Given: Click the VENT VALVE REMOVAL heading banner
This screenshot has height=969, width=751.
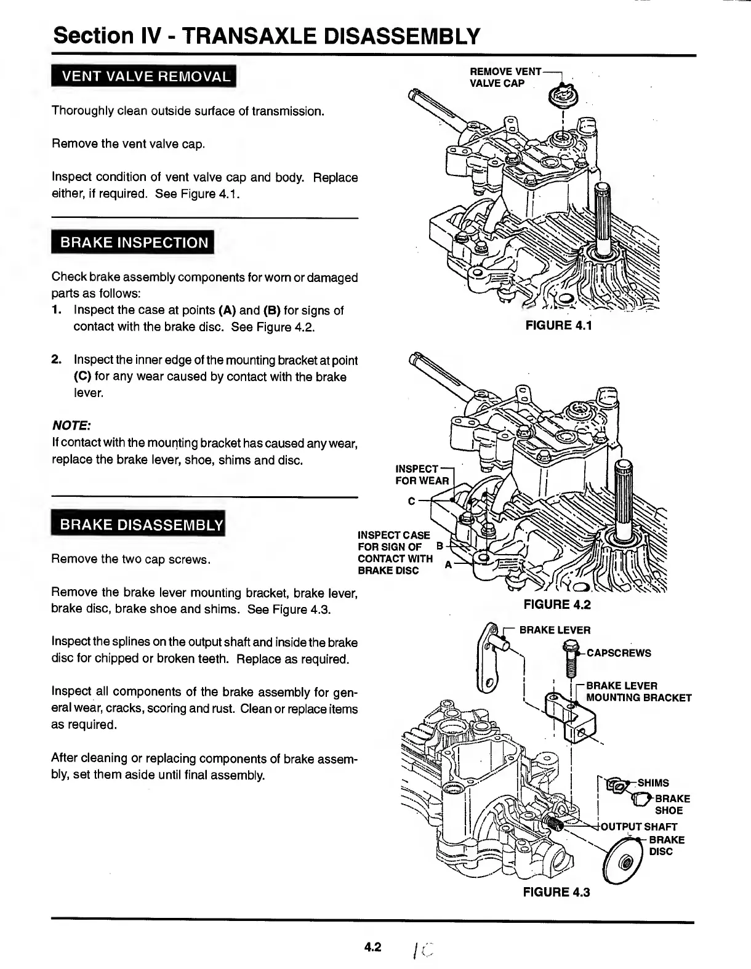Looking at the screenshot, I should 144,77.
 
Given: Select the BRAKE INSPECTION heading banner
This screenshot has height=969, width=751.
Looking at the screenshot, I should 133,242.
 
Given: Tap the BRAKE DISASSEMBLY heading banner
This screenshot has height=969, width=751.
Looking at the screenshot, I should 139,525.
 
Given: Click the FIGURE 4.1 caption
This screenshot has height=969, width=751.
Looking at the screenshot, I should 558,325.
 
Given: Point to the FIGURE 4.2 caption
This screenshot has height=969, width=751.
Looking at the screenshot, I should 556,605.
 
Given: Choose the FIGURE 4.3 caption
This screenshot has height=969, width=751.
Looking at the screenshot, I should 556,892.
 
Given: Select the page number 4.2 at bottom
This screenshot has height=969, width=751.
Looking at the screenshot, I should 373,947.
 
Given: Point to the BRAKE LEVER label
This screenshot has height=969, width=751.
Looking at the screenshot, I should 555,630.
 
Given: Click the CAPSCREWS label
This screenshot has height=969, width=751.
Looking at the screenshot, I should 619,653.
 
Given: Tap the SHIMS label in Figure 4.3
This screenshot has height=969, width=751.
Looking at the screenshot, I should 653,782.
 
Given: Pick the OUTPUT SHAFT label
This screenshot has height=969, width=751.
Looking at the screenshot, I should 638,827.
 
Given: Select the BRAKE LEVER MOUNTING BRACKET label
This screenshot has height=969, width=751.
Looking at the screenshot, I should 638,691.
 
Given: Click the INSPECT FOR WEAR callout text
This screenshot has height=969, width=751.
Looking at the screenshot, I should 422,475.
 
